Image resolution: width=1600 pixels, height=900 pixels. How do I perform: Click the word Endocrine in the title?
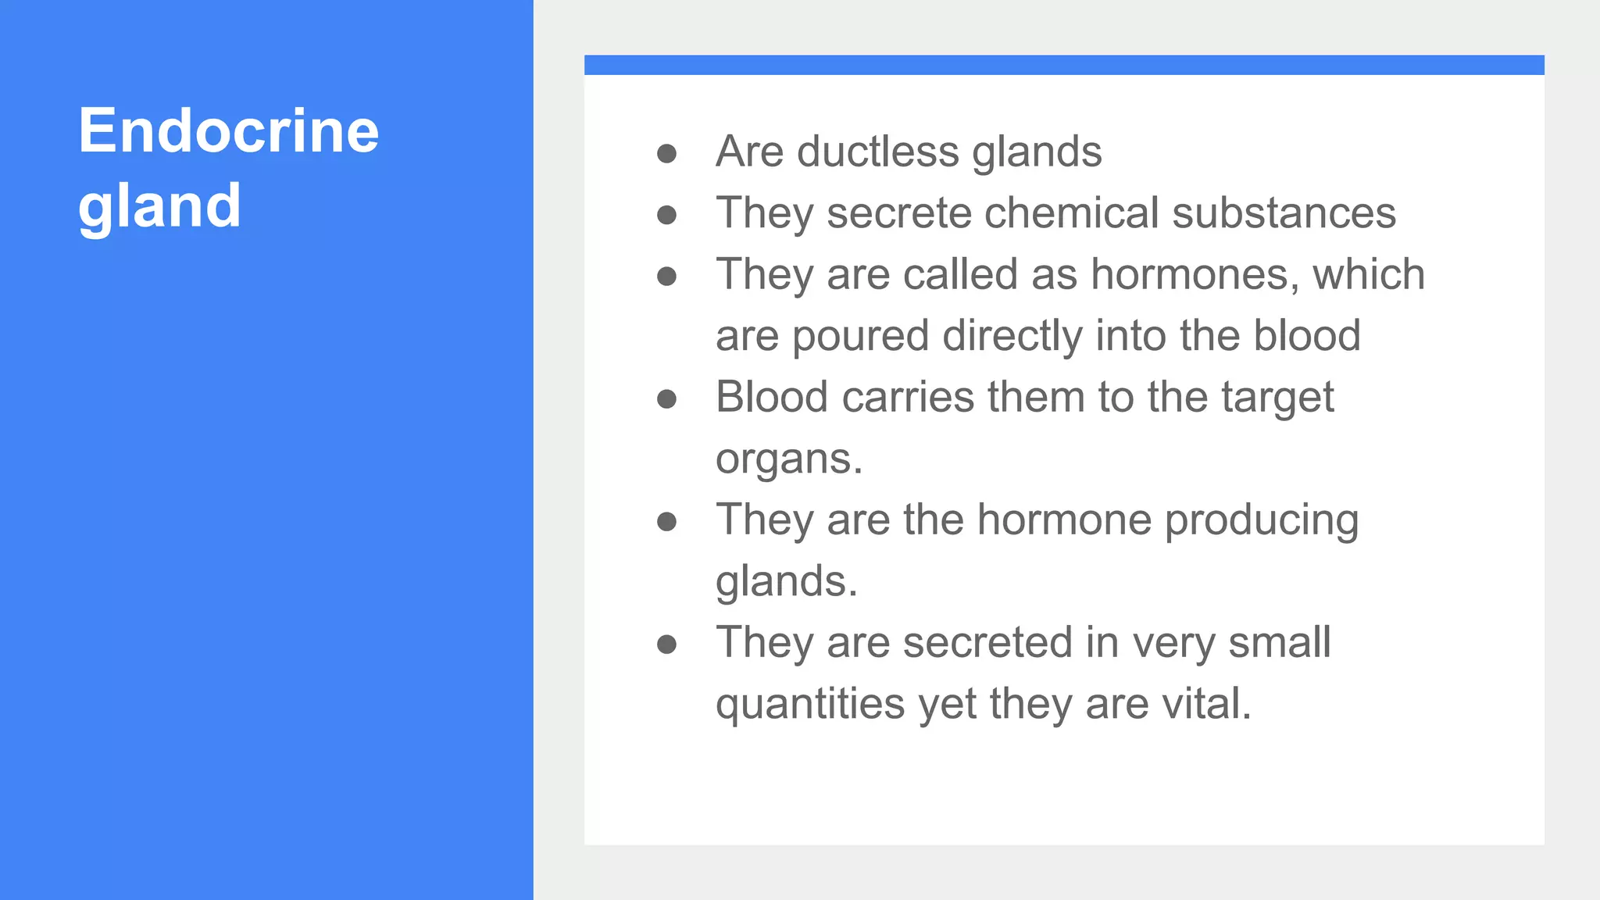click(228, 130)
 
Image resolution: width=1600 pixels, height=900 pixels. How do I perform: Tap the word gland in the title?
click(159, 206)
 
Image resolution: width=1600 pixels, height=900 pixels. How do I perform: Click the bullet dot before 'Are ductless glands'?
click(666, 153)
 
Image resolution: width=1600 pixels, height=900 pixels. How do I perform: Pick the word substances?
click(1284, 212)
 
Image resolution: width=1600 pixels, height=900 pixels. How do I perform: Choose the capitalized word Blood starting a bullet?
click(772, 397)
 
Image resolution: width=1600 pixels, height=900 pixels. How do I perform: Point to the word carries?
click(908, 397)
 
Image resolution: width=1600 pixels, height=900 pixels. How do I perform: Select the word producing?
click(1262, 521)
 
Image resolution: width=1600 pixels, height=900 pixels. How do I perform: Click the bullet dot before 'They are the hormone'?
click(666, 522)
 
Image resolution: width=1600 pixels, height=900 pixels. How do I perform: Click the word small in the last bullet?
click(1279, 642)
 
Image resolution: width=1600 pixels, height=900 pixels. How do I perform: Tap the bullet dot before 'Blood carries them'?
click(666, 399)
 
